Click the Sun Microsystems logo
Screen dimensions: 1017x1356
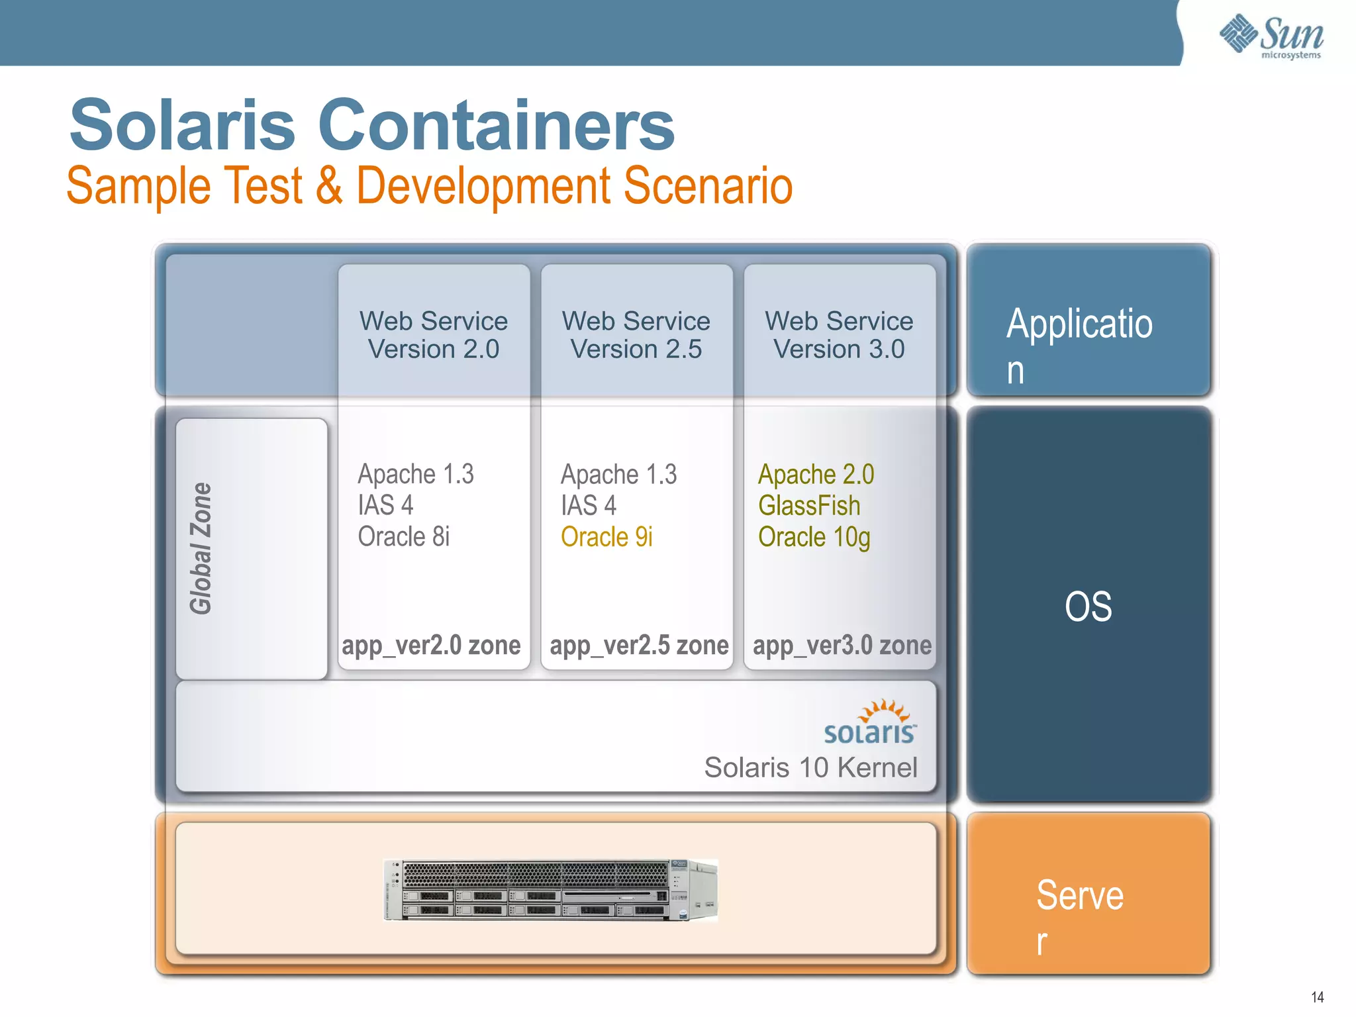coord(1271,36)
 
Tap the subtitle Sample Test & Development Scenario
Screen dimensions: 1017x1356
coord(429,185)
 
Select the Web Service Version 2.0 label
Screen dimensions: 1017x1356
coord(434,335)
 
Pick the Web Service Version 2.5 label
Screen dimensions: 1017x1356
coord(636,335)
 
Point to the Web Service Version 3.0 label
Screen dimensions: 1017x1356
coord(839,335)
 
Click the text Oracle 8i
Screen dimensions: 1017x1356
coord(404,536)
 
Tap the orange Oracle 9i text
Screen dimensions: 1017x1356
coord(606,537)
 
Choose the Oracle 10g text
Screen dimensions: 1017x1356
coord(814,537)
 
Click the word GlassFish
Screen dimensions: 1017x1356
coord(809,506)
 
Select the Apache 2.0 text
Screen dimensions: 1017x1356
coord(816,474)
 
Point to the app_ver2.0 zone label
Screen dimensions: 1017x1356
coord(431,645)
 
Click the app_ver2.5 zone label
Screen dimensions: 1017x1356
coord(639,645)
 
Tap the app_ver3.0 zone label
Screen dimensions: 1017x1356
coord(842,645)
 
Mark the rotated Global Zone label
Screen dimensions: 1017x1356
coord(201,548)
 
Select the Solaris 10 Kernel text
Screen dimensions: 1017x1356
coord(810,767)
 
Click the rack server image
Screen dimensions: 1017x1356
coord(551,890)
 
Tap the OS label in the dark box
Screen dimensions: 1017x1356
coord(1088,606)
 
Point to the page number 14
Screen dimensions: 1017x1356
coord(1317,996)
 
